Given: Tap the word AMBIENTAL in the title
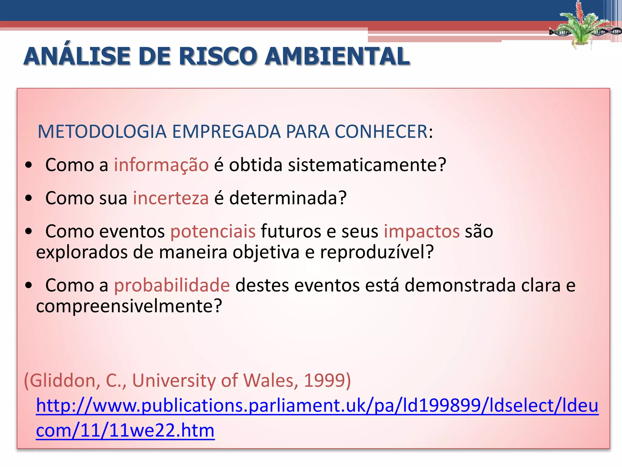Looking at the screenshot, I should click(x=337, y=56).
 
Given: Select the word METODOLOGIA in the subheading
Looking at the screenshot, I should click(x=102, y=132).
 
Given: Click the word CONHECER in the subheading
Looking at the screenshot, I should click(x=381, y=132).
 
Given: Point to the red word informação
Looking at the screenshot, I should click(x=161, y=165).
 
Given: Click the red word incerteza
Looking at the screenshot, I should click(x=171, y=198).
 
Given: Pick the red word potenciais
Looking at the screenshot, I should click(x=213, y=231).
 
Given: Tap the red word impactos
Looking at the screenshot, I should click(x=422, y=231).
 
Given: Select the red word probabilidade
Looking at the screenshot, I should click(x=172, y=285).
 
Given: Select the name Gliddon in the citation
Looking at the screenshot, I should click(x=62, y=380).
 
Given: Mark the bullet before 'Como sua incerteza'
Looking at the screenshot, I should click(x=29, y=199).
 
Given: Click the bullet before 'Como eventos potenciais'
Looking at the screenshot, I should click(x=29, y=232).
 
